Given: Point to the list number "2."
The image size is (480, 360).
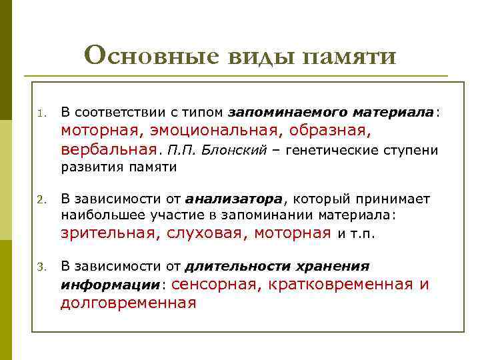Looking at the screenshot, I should click(41, 199).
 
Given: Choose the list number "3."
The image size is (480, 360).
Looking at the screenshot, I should click(41, 267).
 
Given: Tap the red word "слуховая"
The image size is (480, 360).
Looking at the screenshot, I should click(201, 233).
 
